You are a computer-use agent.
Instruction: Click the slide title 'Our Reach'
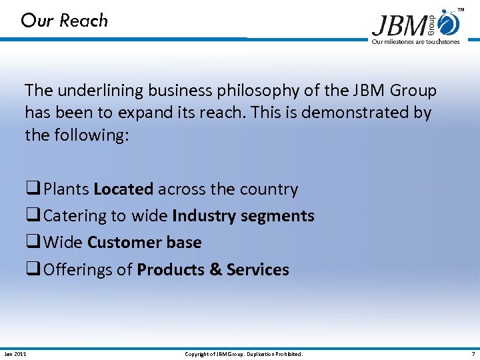64,21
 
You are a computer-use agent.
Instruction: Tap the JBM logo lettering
399,26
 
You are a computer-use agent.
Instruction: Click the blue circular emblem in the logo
451,24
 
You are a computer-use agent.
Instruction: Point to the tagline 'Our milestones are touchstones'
415,42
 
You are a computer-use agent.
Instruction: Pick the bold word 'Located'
123,189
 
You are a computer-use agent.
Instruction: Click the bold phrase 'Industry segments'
243,216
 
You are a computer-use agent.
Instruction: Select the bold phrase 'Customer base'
144,243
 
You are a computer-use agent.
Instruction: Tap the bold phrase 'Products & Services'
213,270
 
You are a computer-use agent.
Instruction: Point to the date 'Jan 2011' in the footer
15,354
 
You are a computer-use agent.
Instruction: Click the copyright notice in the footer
243,354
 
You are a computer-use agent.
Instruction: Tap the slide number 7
473,354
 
